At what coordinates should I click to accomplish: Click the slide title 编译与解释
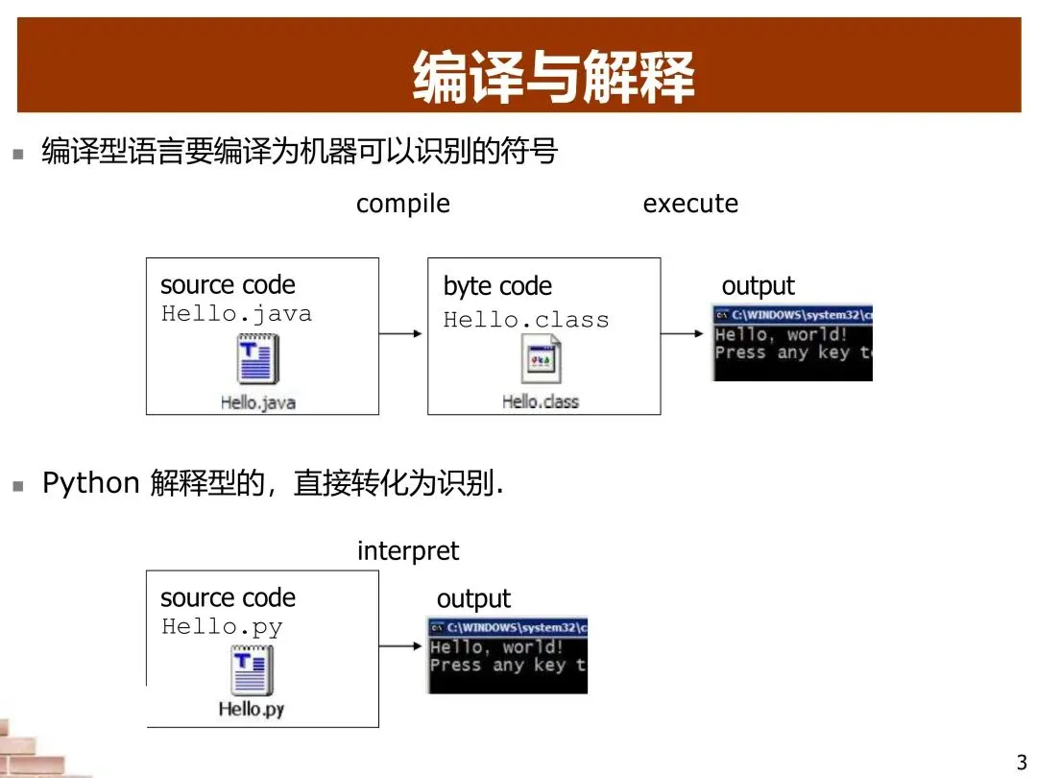[x=553, y=77]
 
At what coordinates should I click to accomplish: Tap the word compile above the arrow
[x=402, y=204]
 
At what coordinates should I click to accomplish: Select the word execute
[x=690, y=204]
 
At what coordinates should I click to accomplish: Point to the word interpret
[x=408, y=551]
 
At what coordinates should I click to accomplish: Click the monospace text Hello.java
[x=236, y=314]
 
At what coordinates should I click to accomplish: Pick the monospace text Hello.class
[x=526, y=320]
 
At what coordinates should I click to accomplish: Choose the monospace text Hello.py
[x=222, y=627]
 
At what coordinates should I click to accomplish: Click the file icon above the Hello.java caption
[x=258, y=359]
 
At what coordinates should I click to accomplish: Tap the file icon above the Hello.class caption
[x=542, y=361]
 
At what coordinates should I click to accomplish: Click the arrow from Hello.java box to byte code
[x=402, y=333]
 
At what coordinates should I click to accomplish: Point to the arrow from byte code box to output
[x=684, y=333]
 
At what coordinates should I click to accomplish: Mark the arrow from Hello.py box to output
[x=401, y=645]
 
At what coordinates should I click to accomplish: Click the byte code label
[x=497, y=286]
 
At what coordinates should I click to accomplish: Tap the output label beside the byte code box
[x=758, y=286]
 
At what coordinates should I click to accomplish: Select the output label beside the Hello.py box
[x=473, y=599]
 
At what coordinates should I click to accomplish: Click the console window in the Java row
[x=792, y=343]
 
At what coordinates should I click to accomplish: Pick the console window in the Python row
[x=507, y=655]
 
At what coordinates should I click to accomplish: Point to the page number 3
[x=1021, y=764]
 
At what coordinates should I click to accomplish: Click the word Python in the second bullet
[x=91, y=483]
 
